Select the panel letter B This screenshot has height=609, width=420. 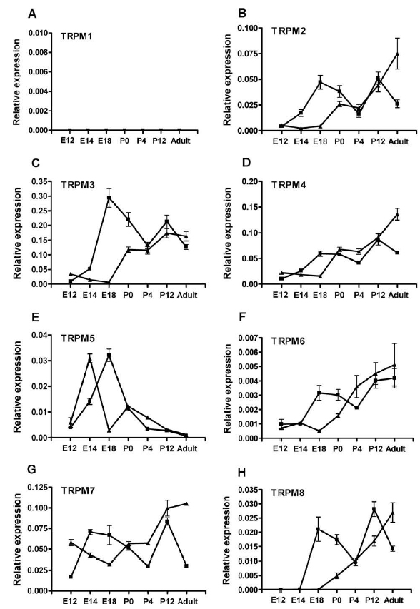(x=242, y=14)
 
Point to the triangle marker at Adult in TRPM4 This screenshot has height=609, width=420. (x=397, y=214)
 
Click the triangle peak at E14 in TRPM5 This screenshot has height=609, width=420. (x=90, y=359)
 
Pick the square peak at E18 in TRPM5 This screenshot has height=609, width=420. (x=109, y=355)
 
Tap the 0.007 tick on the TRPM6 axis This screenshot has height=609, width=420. (x=247, y=338)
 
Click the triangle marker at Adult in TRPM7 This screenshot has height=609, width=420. (x=187, y=504)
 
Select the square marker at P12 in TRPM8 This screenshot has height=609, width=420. (x=374, y=509)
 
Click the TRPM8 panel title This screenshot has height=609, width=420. (x=288, y=493)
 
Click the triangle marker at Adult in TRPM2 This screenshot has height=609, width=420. (x=397, y=54)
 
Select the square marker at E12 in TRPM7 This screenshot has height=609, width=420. (x=71, y=576)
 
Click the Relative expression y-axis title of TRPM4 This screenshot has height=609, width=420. (x=228, y=233)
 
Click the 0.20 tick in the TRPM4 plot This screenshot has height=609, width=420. (x=249, y=181)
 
